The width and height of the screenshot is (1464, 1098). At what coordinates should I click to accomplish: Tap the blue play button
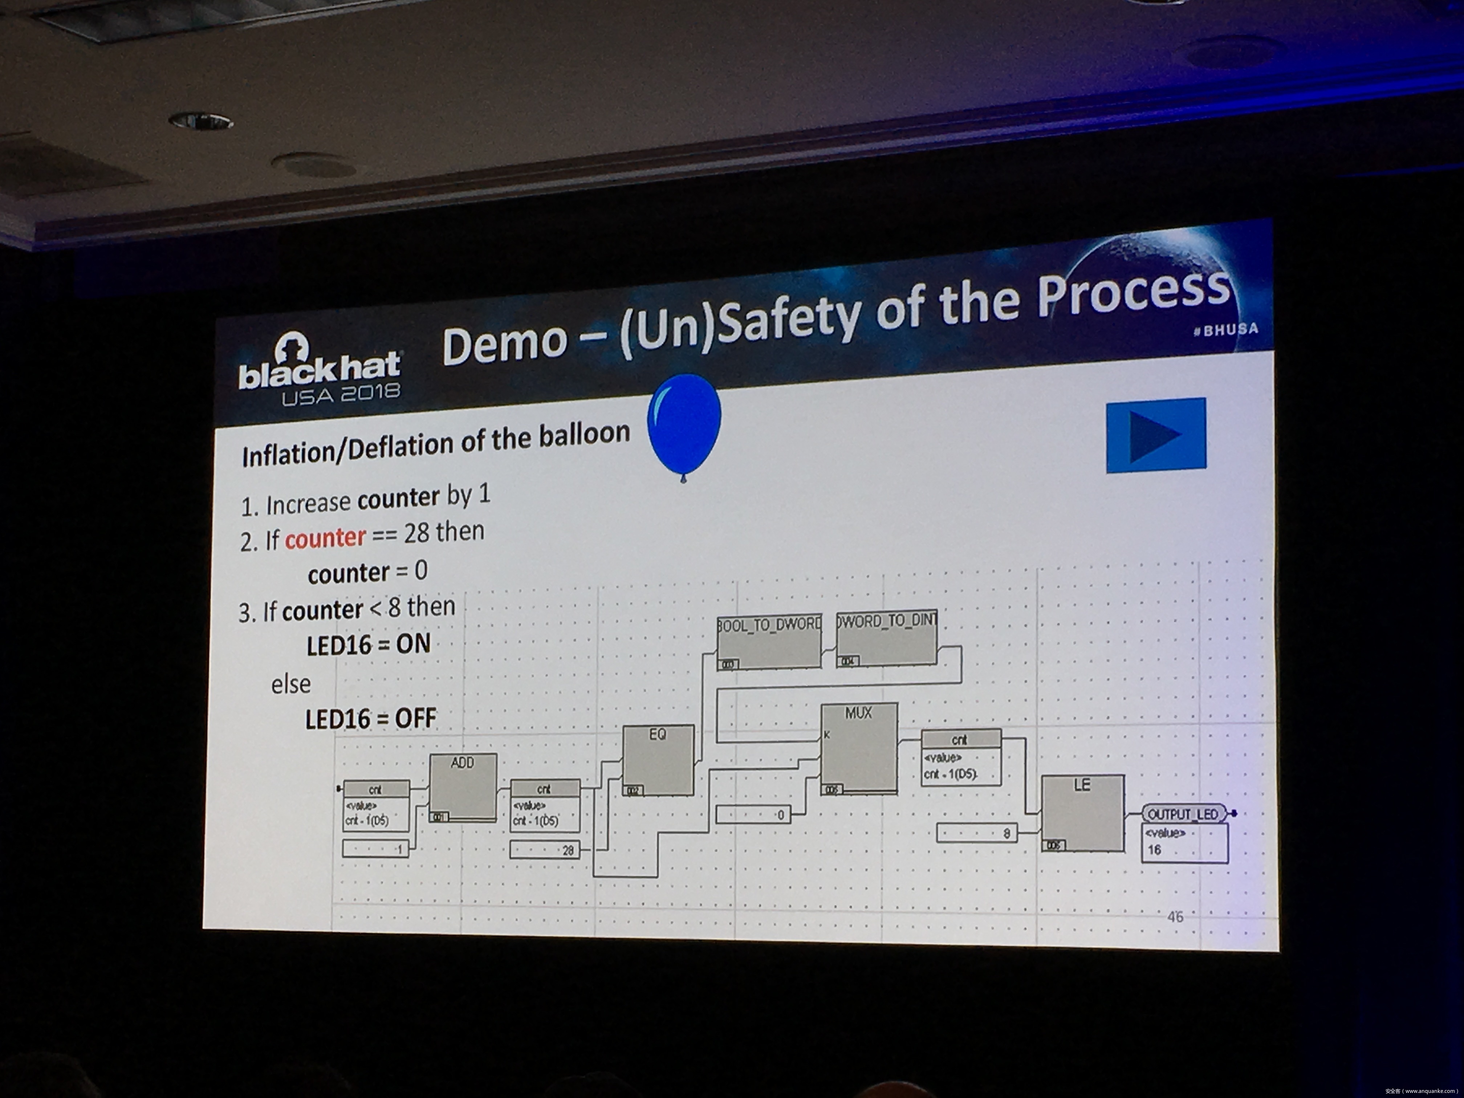[1156, 435]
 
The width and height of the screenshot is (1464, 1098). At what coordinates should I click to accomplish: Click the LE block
[1082, 812]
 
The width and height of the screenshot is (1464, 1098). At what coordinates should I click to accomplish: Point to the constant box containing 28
[545, 850]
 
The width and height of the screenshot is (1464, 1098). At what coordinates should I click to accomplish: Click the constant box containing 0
[753, 814]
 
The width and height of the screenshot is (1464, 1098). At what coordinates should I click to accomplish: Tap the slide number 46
[1175, 917]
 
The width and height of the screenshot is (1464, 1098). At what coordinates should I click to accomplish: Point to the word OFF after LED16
[416, 718]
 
